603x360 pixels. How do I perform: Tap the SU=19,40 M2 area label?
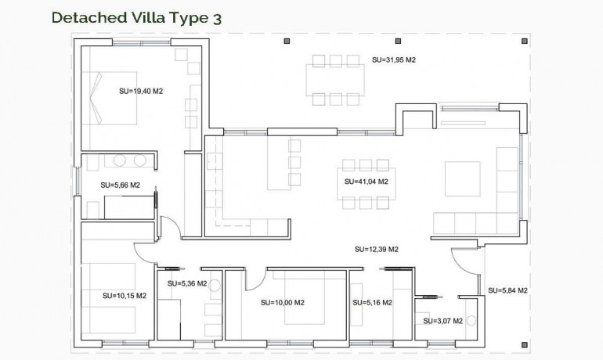141,91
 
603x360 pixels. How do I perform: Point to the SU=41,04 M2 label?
366,182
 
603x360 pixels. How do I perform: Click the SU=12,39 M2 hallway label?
376,250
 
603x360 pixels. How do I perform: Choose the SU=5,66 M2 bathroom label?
120,185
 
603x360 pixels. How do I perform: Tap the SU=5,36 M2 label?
187,283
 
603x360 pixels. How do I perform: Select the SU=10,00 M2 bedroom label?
283,302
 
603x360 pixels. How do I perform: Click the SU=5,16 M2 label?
372,302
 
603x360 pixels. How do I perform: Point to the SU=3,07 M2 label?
442,320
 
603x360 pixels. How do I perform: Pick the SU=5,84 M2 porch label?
507,290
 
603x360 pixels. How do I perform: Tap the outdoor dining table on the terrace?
335,80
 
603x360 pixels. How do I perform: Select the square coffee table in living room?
462,178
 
